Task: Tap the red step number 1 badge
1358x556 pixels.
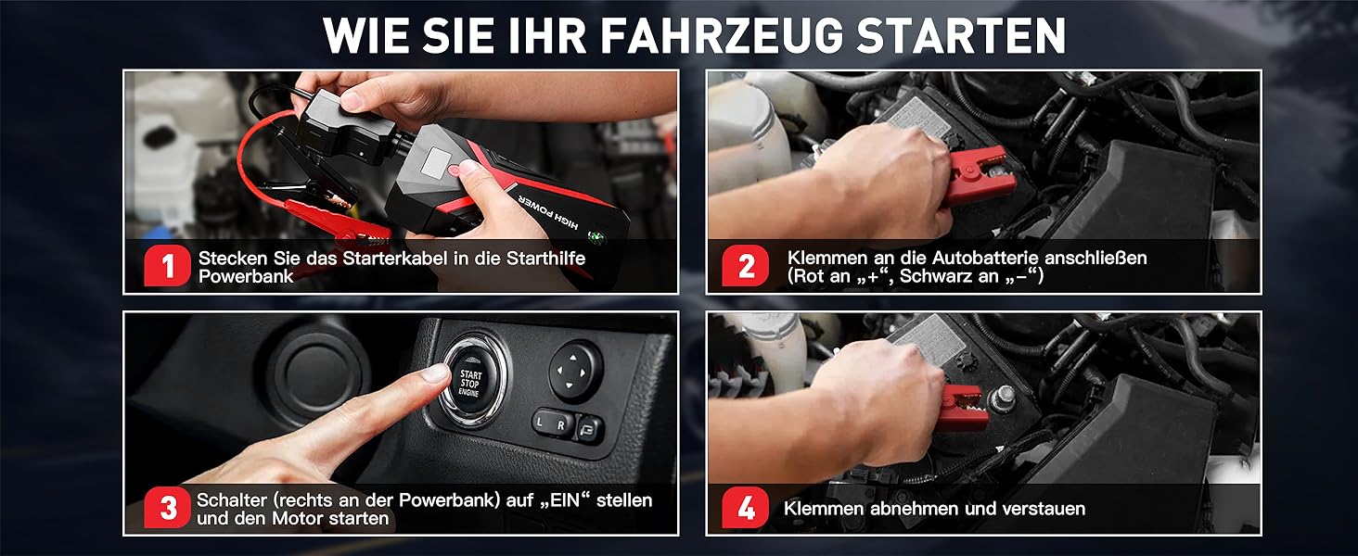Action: click(x=167, y=266)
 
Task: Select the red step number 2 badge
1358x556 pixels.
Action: click(x=746, y=266)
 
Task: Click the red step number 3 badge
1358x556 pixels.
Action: click(x=167, y=508)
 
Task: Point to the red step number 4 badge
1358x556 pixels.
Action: click(x=746, y=508)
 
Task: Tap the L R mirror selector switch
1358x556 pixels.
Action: click(x=553, y=423)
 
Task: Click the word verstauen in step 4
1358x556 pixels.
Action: click(x=1044, y=508)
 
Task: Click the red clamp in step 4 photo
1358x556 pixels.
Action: click(x=963, y=407)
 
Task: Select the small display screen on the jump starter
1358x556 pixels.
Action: click(x=435, y=162)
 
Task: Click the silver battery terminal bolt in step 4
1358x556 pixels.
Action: click(x=1003, y=398)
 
